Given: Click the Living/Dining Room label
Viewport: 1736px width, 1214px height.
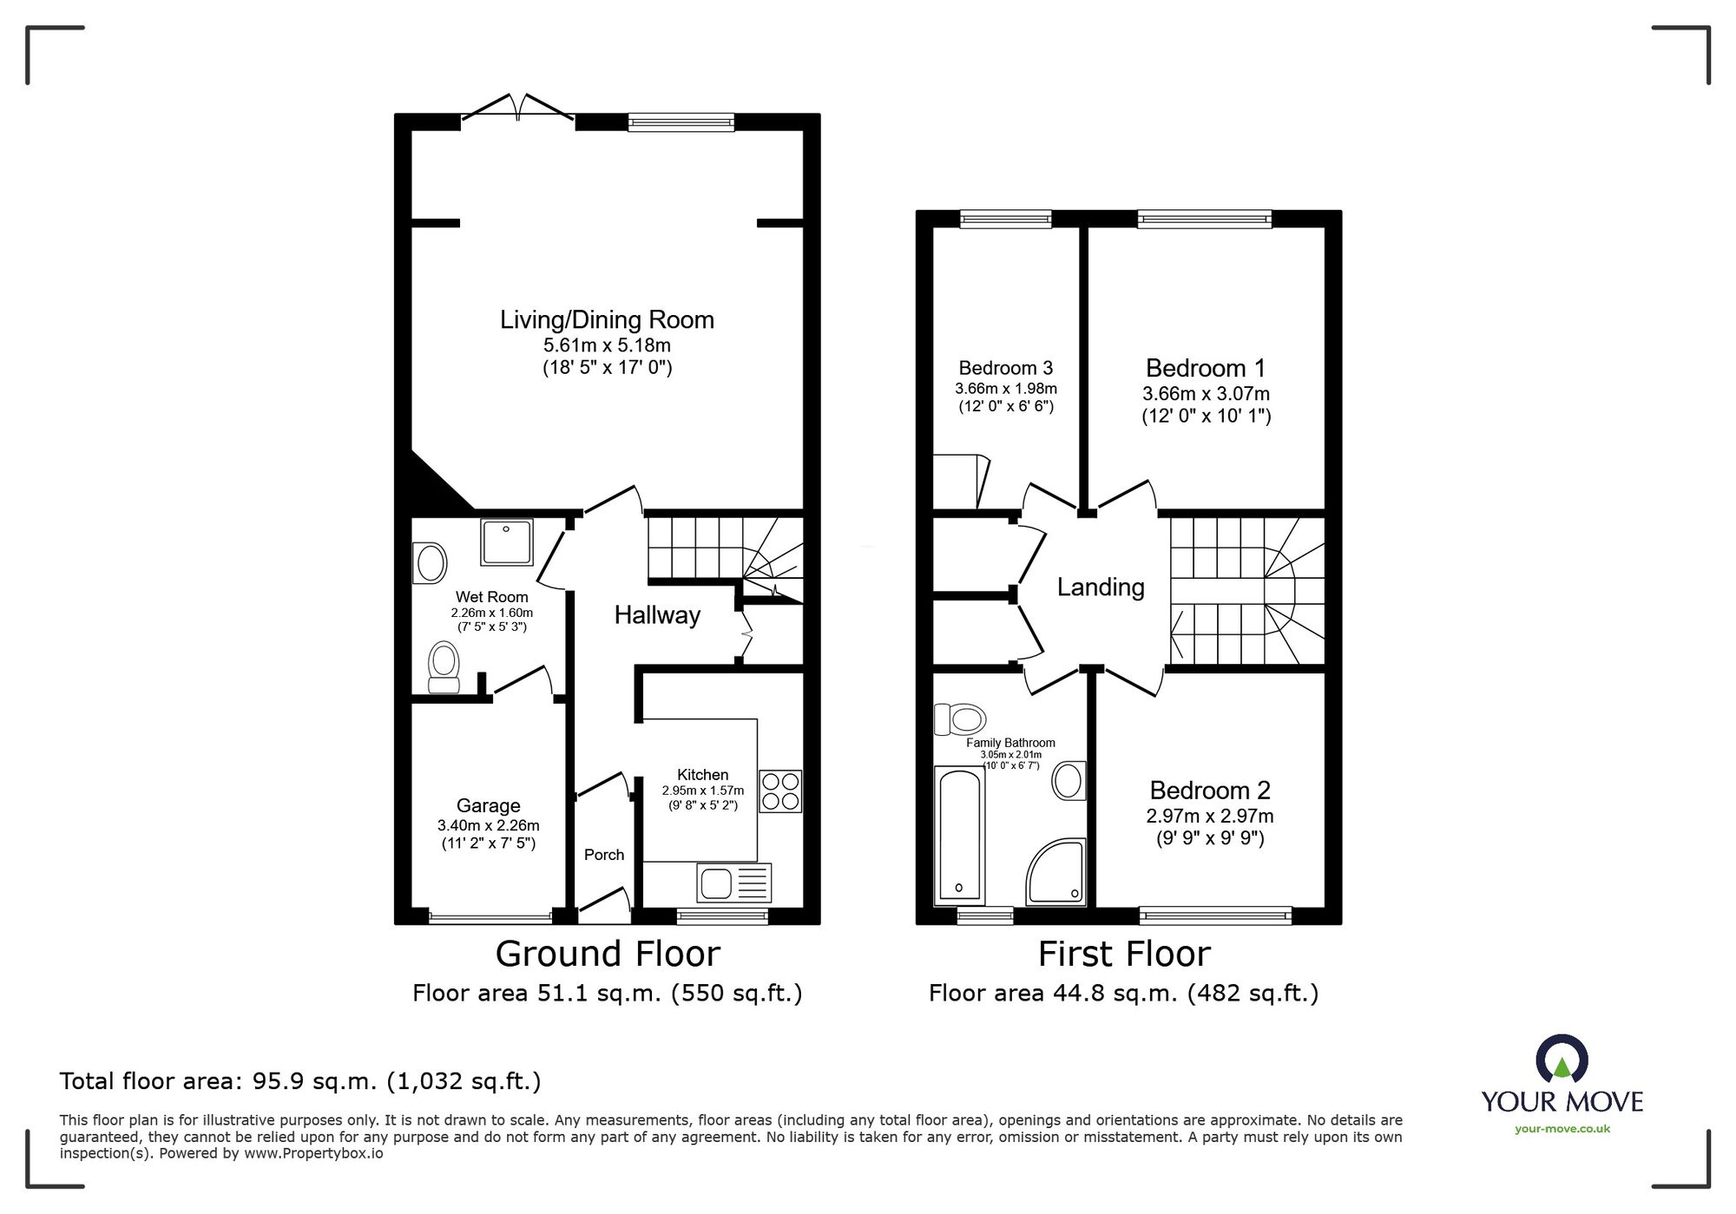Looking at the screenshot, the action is [x=607, y=320].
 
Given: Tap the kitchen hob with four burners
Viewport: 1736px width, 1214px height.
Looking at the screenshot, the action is [x=780, y=791].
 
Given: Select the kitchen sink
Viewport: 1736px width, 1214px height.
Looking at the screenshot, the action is [x=733, y=883].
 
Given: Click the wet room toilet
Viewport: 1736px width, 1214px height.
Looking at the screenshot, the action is [x=444, y=667].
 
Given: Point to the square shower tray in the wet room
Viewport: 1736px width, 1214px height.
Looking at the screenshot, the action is [x=507, y=542].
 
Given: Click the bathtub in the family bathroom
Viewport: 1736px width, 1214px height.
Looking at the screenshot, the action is [x=959, y=835].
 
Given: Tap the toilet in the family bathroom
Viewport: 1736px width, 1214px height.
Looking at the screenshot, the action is [x=960, y=719].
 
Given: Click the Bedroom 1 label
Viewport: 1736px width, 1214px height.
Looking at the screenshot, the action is [x=1206, y=368].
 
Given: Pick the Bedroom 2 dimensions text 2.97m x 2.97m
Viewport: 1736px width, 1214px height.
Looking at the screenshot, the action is [x=1210, y=816].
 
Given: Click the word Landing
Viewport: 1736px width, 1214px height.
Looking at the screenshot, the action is [x=1101, y=587].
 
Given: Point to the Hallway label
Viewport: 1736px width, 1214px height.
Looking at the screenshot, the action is [x=657, y=615].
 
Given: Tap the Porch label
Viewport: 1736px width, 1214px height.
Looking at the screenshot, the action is [x=604, y=855].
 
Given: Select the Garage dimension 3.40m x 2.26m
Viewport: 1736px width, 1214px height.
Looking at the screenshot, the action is [x=489, y=825].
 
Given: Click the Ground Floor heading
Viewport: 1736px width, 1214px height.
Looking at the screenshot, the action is [x=608, y=954].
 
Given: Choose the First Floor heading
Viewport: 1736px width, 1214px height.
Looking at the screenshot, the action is [x=1124, y=954].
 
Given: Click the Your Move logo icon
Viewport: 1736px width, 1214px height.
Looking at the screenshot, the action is [x=1562, y=1059].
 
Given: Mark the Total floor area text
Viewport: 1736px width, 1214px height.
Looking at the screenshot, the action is [x=300, y=1081].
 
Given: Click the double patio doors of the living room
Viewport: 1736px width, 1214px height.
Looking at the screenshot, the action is [x=518, y=107].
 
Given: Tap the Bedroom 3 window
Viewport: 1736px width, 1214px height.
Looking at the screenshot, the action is [x=1006, y=219].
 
